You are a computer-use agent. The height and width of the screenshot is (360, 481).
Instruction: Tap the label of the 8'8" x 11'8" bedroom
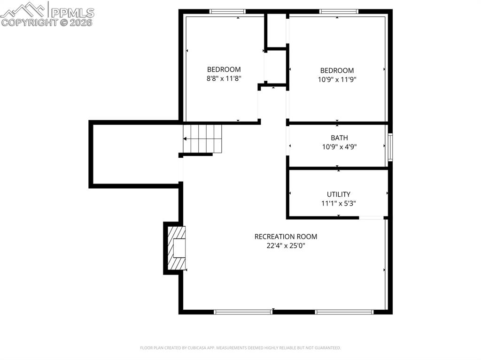click(224, 69)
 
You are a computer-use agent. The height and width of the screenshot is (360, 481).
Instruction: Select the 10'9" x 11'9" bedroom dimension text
click(337, 79)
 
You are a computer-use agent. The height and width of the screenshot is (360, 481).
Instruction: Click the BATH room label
click(339, 138)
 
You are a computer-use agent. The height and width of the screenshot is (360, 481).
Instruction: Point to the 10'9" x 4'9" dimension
click(339, 146)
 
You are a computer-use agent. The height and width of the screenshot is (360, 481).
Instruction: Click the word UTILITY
click(339, 194)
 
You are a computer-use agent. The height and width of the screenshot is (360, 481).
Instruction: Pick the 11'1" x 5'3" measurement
click(339, 203)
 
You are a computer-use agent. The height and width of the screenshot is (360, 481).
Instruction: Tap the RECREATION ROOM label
click(286, 237)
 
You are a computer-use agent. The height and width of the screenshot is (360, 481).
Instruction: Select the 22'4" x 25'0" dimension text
click(286, 245)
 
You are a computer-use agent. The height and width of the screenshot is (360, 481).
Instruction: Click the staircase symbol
click(202, 138)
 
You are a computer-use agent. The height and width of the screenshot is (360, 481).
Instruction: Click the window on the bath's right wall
click(390, 147)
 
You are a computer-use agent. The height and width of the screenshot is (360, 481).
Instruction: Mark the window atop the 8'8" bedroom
click(227, 11)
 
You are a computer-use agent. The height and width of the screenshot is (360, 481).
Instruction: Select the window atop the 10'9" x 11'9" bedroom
click(339, 11)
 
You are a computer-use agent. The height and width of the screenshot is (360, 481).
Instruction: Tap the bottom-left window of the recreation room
click(243, 312)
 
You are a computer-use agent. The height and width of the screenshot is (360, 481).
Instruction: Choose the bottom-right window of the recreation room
click(344, 312)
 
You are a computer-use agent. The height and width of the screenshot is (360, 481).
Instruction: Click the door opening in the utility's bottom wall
click(371, 218)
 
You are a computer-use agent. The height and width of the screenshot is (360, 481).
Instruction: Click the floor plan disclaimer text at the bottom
click(240, 348)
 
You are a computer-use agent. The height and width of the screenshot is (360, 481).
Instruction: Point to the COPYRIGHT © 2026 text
click(47, 22)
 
